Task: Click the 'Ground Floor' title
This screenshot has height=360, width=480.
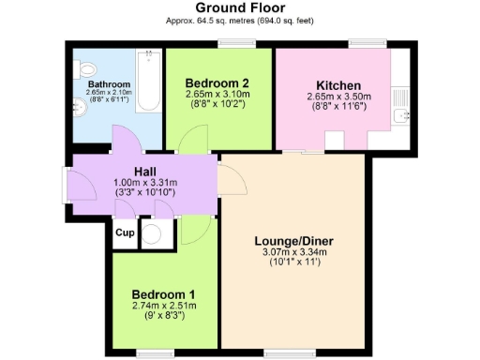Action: click(x=239, y=8)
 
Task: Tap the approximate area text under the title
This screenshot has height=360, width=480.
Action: click(x=239, y=20)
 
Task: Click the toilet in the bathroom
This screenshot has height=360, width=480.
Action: click(x=87, y=68)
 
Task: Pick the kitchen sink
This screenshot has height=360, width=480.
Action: click(x=403, y=115)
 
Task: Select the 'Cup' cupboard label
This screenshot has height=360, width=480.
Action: click(x=125, y=232)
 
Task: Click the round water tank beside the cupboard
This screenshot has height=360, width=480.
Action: click(x=153, y=233)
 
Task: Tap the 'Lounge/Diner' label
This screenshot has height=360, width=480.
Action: click(x=293, y=240)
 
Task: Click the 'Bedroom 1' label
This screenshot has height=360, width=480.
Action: click(x=163, y=293)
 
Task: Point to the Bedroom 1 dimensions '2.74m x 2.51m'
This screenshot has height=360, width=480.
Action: click(x=163, y=306)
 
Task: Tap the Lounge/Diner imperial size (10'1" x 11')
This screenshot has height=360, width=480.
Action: click(x=293, y=262)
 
